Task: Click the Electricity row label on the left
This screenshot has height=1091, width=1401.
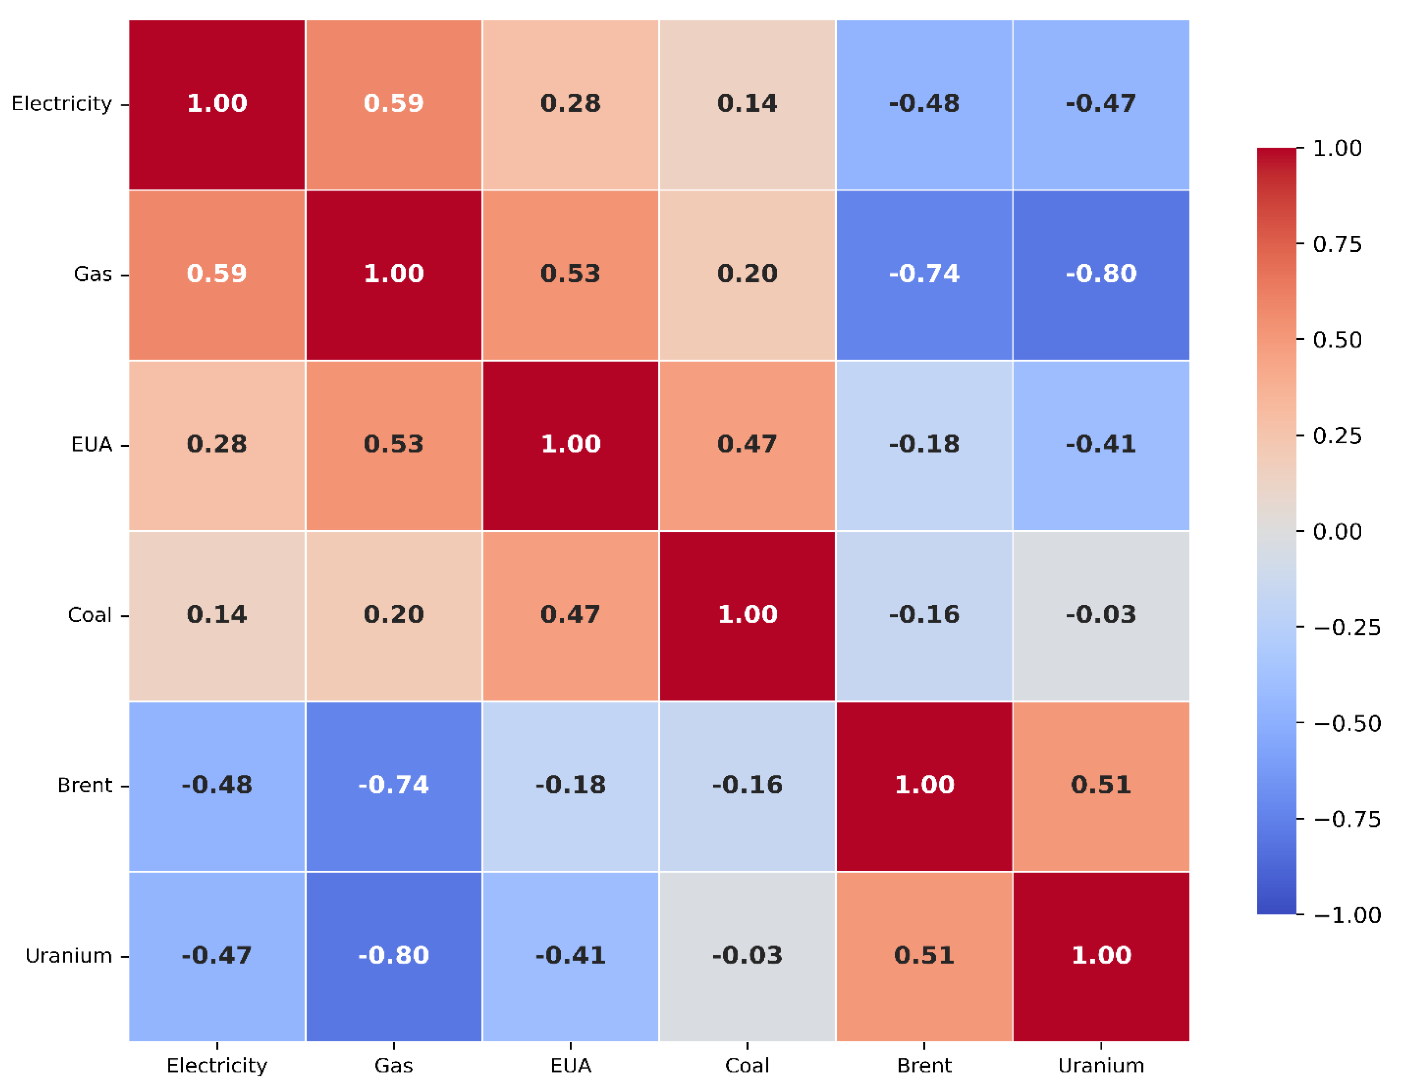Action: point(62,103)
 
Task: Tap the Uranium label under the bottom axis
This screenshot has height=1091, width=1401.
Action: point(1101,1066)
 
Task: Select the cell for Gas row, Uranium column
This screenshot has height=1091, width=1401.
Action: point(1101,274)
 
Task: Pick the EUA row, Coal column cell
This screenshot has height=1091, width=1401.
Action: point(747,445)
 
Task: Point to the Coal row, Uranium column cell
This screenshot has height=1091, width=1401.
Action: point(1101,615)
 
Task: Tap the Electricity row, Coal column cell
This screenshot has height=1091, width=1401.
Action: point(747,104)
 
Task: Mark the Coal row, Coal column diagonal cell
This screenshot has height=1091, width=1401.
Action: point(747,615)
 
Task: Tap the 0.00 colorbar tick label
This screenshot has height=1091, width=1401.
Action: point(1337,531)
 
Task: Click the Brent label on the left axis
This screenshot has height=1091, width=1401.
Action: point(85,785)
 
